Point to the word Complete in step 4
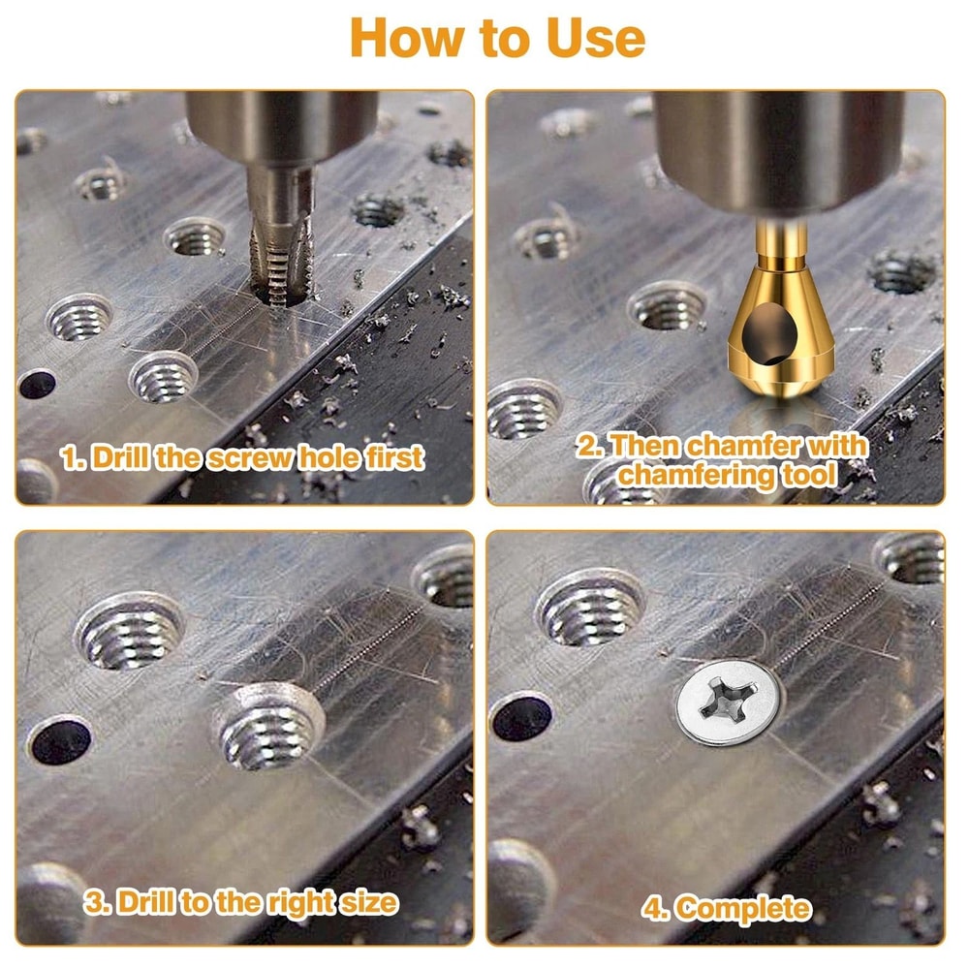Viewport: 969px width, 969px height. pos(742,908)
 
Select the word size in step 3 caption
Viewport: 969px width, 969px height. pos(367,902)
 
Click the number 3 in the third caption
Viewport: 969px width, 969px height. pos(93,902)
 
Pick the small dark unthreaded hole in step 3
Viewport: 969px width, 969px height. pos(60,741)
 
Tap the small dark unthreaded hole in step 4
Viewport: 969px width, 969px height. pos(521,719)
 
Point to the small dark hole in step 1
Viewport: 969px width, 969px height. pos(36,385)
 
